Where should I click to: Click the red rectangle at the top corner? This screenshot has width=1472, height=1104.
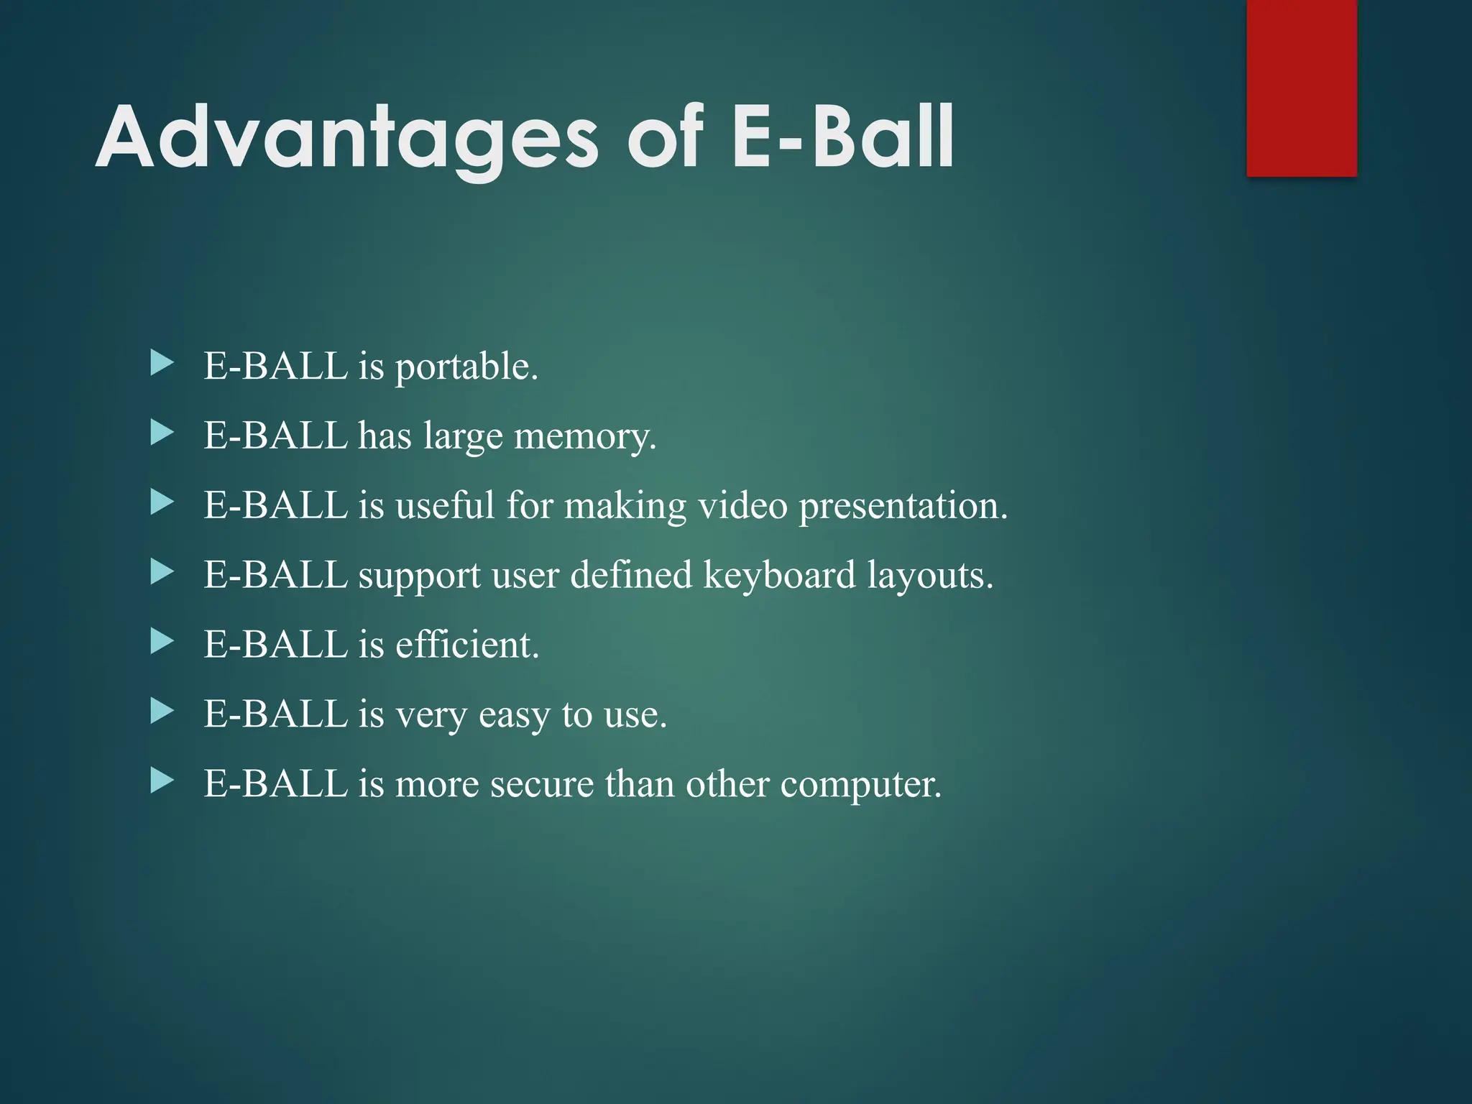[1301, 88]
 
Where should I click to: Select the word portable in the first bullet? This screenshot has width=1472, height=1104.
[466, 367]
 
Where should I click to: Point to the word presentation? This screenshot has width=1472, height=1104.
[903, 506]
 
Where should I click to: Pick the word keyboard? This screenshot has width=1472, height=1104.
[779, 575]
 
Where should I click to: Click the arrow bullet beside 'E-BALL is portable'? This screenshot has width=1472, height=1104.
[162, 364]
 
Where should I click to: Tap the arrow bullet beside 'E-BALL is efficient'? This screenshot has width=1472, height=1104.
[162, 641]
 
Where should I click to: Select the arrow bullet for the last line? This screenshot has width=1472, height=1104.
[162, 781]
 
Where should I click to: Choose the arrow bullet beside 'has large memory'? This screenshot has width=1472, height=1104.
[162, 433]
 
